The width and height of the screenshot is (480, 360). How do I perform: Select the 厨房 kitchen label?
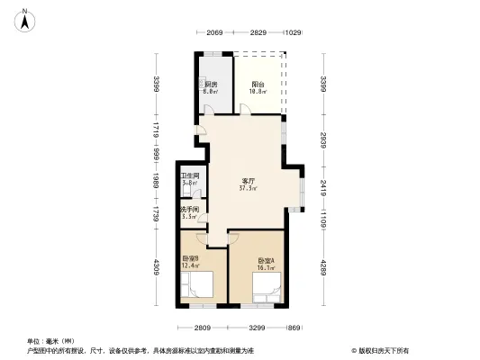211,88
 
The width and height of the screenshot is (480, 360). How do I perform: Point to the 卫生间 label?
189,178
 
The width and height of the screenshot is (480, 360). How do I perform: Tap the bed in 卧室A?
267,287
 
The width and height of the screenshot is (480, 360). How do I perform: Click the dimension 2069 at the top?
213,33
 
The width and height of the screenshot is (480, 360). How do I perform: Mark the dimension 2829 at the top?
258,33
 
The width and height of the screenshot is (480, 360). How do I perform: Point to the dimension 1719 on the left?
156,132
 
